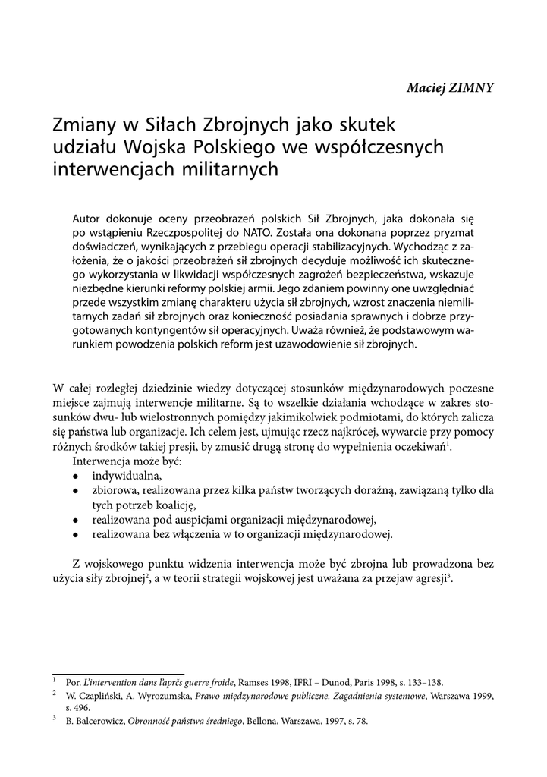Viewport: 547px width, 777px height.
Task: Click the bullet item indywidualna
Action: [127, 475]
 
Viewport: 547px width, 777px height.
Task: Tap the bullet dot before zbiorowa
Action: [76, 491]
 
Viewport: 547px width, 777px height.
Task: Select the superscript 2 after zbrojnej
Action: [146, 577]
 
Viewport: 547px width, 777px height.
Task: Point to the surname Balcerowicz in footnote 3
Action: [94, 721]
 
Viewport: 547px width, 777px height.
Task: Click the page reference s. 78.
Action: [358, 721]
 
